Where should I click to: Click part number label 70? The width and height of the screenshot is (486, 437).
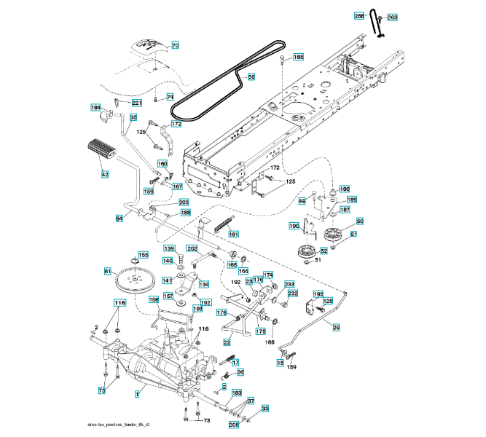175,45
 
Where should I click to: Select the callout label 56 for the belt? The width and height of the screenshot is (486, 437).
251,76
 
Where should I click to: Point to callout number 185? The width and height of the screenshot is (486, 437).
299,57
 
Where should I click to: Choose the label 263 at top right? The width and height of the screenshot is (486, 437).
392,17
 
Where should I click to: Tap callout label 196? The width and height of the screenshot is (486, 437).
345,189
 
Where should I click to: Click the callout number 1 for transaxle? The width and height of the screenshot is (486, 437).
136,393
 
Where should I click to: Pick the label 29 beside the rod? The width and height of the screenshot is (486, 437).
336,328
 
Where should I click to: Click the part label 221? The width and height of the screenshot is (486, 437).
137,103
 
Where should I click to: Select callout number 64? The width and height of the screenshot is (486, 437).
119,217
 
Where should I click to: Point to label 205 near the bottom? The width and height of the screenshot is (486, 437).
234,425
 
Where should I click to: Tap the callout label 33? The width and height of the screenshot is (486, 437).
265,409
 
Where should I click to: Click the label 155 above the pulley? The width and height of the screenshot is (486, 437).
144,255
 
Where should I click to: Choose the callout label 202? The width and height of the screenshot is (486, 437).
192,248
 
